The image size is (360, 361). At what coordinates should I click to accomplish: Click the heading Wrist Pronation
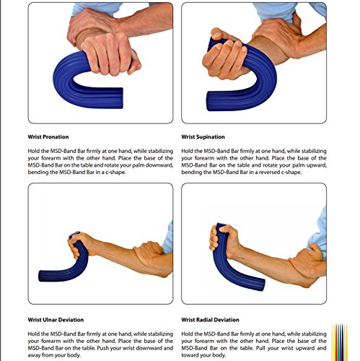click(49, 136)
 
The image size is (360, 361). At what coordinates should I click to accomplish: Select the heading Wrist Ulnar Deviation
click(57, 319)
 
